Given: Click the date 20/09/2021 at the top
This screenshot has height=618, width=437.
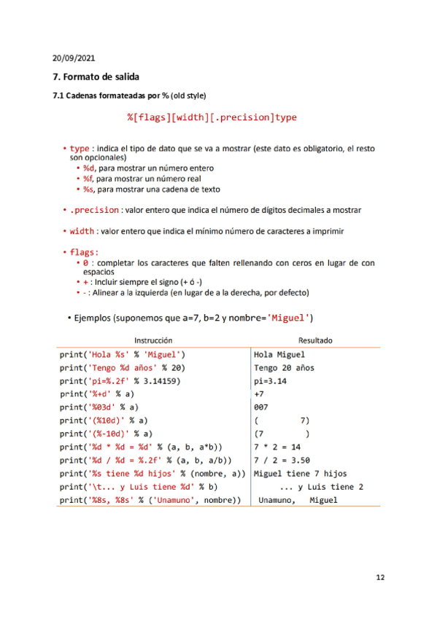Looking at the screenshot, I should tap(74, 57).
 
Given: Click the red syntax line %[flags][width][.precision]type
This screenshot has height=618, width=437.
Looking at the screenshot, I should tap(212, 117).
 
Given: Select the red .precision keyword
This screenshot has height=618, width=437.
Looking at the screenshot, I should tap(94, 210).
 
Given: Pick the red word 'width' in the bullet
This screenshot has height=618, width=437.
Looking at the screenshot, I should tap(82, 231).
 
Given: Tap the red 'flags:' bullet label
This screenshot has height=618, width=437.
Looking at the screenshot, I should tap(84, 252).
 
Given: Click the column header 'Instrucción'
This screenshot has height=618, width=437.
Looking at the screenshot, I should tap(153, 340).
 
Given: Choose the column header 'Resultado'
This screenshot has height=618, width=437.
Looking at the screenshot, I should tap(315, 340).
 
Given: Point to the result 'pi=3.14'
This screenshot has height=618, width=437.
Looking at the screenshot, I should tap(271, 380).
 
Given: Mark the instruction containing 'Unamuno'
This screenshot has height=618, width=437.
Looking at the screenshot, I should tap(150, 500).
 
